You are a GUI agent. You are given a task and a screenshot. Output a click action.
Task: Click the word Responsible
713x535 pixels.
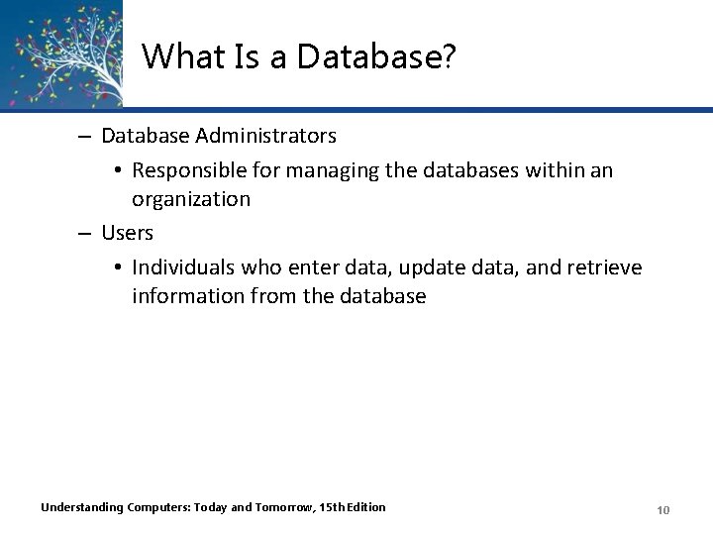click(x=191, y=170)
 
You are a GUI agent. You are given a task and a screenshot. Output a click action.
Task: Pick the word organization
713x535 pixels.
click(x=191, y=199)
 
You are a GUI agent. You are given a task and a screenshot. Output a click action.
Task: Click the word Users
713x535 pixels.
click(x=128, y=233)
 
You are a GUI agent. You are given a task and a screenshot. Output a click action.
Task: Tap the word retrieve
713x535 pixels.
click(x=604, y=267)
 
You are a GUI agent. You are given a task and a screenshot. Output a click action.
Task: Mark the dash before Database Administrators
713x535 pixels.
click(x=87, y=134)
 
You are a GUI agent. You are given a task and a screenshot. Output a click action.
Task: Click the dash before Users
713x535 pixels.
click(x=87, y=233)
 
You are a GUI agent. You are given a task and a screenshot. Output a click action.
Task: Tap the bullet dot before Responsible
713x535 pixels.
click(x=117, y=171)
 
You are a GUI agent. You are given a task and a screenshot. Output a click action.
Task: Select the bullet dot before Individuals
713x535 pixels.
click(x=117, y=268)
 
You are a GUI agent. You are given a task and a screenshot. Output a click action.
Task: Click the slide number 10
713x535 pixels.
click(x=663, y=509)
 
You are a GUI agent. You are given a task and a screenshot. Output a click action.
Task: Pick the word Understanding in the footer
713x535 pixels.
click(x=81, y=507)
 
